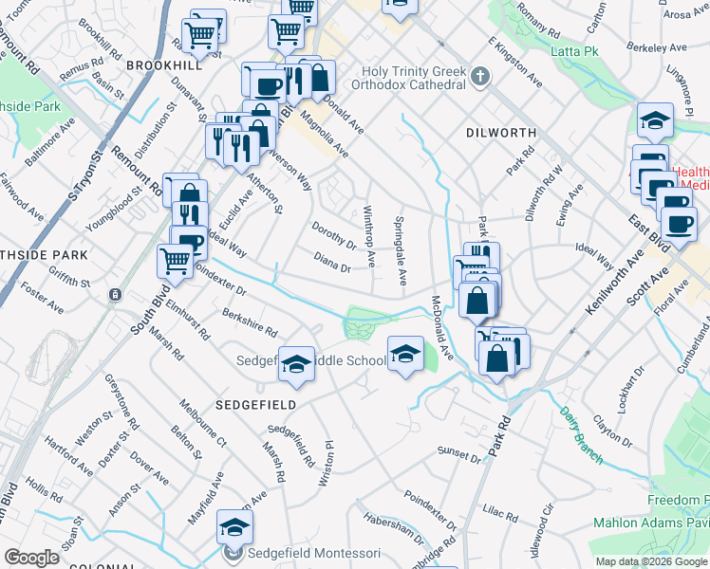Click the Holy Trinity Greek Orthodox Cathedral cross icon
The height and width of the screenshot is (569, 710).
click(x=480, y=76)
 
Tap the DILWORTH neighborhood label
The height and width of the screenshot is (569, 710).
click(x=502, y=133)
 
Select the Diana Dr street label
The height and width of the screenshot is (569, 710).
click(x=332, y=262)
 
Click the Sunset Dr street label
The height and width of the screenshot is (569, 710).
click(x=459, y=453)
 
